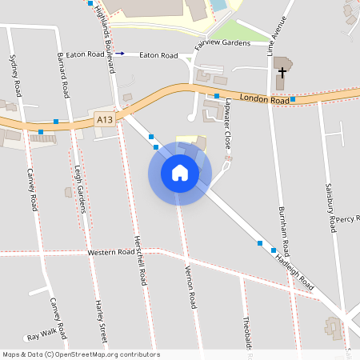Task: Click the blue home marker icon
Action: pos(180,173)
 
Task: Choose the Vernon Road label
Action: pos(191,286)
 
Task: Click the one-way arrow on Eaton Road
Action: pos(120,54)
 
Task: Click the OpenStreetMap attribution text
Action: pos(80,354)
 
